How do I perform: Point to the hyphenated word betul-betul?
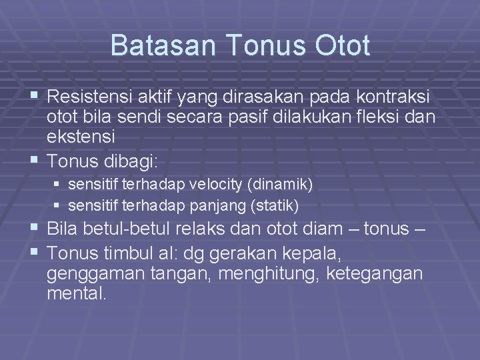(133, 229)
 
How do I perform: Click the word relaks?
(212, 229)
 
